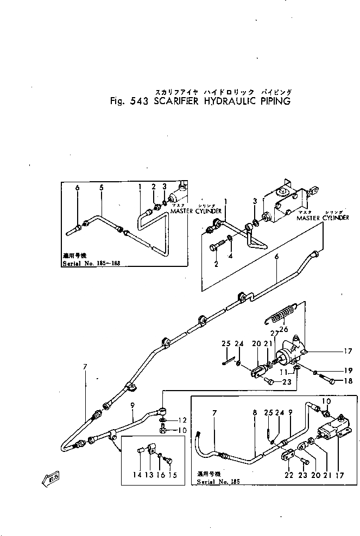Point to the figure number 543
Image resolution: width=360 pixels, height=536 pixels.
(x=132, y=101)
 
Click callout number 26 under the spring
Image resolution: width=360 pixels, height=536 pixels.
(x=283, y=327)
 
